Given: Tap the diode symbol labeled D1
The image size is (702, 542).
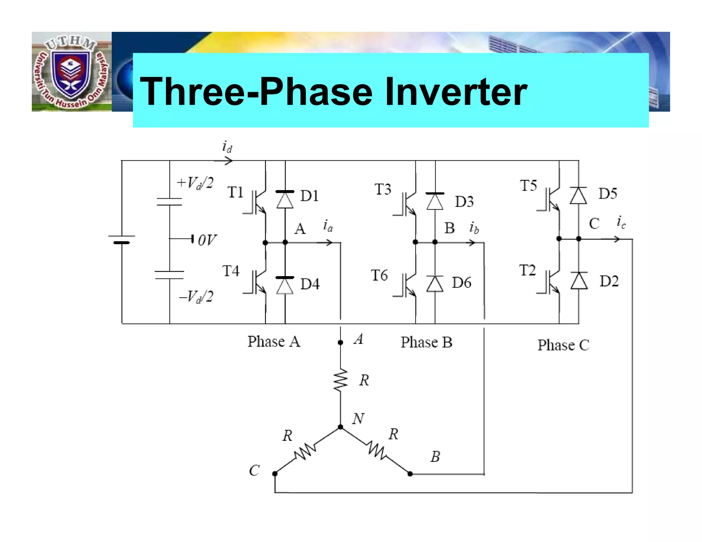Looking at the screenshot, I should pos(285,199).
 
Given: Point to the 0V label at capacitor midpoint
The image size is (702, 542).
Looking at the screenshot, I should pos(207,240).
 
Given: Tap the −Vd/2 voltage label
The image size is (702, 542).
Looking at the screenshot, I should pos(196,296).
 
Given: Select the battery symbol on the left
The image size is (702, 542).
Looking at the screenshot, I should pos(122,239).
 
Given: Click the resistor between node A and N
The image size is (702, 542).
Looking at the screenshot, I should pos(340,380).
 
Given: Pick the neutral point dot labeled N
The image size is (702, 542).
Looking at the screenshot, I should pos(340,427).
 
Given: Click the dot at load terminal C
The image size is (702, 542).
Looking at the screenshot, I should pos(275,474).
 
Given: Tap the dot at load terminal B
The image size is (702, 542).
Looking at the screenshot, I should pos(410,474).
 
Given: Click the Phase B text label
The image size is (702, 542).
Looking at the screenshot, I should pos(426,342).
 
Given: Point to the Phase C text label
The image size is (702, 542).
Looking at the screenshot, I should pos(563,345).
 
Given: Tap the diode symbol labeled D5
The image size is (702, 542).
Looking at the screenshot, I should pos(578,196).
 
